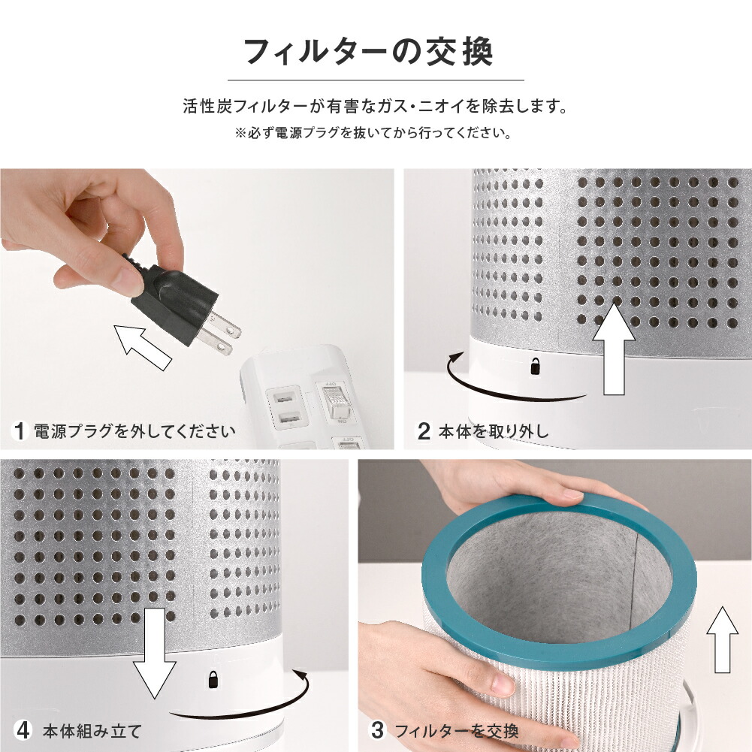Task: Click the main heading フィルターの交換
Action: (x=369, y=53)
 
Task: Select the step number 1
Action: (x=21, y=431)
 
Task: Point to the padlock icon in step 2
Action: (x=535, y=367)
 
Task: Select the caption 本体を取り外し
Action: (x=494, y=432)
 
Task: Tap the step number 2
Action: (x=424, y=432)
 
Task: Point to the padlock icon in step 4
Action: (x=213, y=680)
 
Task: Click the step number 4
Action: (x=23, y=730)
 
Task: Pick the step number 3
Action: (x=378, y=730)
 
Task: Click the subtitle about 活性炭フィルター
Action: (x=375, y=106)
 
